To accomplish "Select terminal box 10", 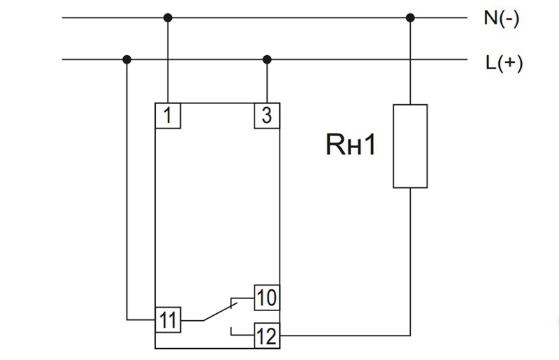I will pyautogui.click(x=266, y=298).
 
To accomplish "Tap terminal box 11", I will pyautogui.click(x=168, y=320).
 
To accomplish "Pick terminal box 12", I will pyautogui.click(x=266, y=336).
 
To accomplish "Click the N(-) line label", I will pyautogui.click(x=501, y=19).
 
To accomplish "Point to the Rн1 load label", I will pyautogui.click(x=350, y=146).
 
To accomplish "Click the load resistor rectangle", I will pyautogui.click(x=410, y=146).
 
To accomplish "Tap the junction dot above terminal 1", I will pyautogui.click(x=168, y=17).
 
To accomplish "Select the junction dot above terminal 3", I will pyautogui.click(x=266, y=59).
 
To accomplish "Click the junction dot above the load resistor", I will pyautogui.click(x=410, y=17).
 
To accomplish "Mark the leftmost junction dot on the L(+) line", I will pyautogui.click(x=126, y=59).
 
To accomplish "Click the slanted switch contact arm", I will pyautogui.click(x=221, y=312).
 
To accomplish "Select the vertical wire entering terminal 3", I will pyautogui.click(x=266, y=82).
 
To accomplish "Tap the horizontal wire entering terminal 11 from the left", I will pyautogui.click(x=140, y=321).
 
